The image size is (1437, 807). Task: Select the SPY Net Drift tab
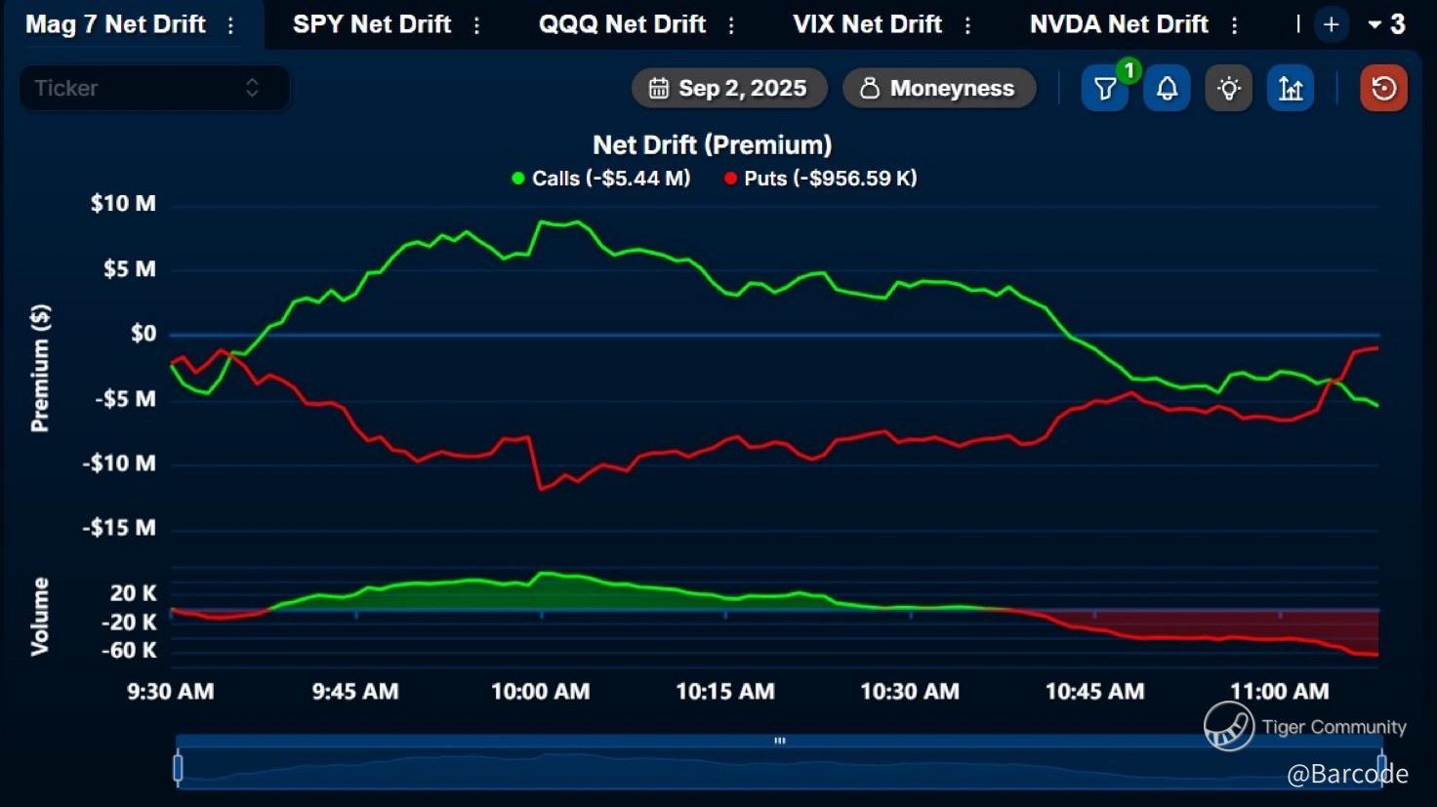coord(372,24)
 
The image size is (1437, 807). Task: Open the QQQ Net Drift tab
coord(622,24)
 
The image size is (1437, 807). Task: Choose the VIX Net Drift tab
coord(867,24)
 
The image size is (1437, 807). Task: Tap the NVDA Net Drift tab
coord(1119,24)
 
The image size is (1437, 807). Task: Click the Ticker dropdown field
coord(154,88)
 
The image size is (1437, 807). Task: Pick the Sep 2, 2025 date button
coord(729,89)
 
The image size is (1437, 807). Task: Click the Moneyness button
coord(938,89)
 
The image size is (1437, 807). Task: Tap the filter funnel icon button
coord(1105,89)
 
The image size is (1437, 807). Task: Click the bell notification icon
coord(1167,89)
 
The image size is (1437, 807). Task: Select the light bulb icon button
coord(1229,89)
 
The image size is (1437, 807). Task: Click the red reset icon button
coord(1383,89)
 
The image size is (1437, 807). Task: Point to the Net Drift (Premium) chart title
coord(713,145)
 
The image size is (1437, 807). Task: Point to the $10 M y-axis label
coord(123,204)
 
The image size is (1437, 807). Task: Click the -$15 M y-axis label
coord(119,528)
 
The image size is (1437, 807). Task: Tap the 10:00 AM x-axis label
coord(540,692)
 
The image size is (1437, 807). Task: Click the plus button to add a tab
coord(1331,24)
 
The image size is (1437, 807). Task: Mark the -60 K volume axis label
coord(129,651)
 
